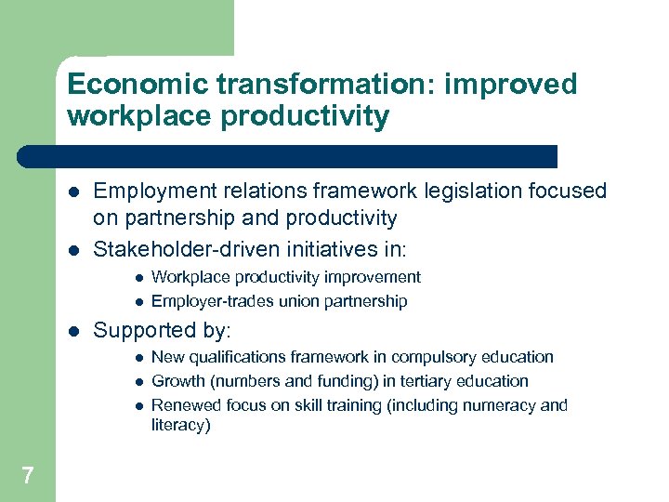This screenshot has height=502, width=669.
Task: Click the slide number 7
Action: click(x=28, y=476)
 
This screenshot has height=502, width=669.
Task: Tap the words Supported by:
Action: click(x=163, y=330)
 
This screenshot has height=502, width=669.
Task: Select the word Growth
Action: click(x=177, y=381)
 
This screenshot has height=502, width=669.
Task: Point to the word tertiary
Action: click(x=423, y=381)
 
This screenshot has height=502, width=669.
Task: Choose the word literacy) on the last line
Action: click(x=181, y=426)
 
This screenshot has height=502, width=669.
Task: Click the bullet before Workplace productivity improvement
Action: click(x=137, y=278)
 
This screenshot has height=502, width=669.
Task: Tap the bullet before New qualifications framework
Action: click(x=137, y=358)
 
